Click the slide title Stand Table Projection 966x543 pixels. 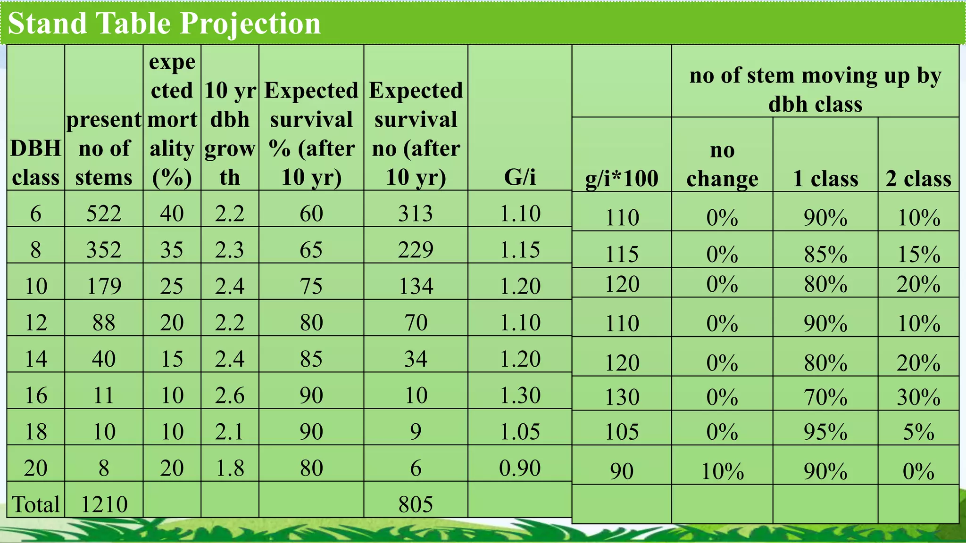164,23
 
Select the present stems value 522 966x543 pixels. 104,214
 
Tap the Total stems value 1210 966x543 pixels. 104,504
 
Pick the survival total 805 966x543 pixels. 416,504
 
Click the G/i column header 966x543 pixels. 520,177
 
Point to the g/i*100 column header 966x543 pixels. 622,178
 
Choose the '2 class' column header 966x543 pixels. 918,178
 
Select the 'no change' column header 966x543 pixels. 722,164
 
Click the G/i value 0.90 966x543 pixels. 520,468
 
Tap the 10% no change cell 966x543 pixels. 722,471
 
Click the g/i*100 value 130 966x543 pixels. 622,397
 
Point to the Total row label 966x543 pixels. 36,504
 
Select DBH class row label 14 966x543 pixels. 36,359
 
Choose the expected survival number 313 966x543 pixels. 416,214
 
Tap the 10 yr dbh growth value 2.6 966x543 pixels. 230,395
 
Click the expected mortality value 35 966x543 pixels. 172,250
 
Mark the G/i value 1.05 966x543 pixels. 520,432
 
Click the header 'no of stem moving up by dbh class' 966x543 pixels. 815,90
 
